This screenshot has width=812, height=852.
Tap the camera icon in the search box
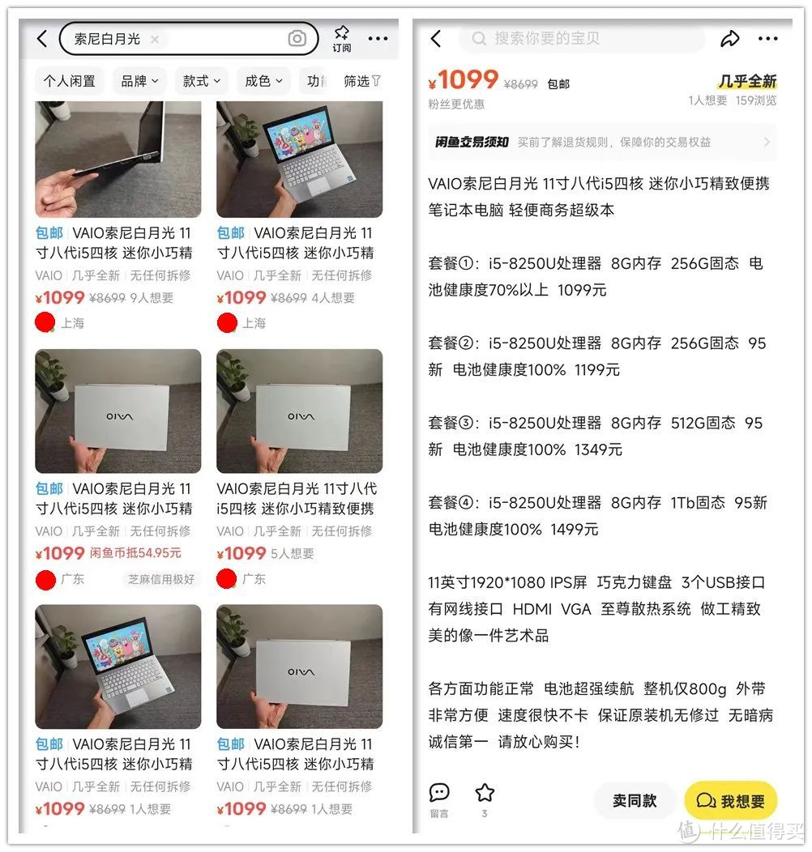tap(297, 38)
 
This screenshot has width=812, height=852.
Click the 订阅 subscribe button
tap(341, 38)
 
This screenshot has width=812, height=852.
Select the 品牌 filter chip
tap(139, 81)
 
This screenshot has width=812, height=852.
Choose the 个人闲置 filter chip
tap(70, 81)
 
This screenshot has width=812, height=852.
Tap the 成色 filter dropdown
tap(263, 81)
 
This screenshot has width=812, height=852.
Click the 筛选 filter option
tap(361, 81)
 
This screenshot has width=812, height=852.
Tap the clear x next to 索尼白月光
tap(155, 39)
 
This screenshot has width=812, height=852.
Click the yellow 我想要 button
tap(731, 800)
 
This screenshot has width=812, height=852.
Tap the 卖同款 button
tap(635, 800)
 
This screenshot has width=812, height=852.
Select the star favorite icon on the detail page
tap(485, 793)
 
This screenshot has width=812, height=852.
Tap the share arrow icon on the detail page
tap(730, 38)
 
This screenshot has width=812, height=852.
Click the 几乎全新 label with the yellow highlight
tap(747, 81)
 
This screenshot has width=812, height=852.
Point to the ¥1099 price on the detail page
tap(464, 80)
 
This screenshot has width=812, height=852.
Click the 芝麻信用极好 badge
tap(161, 579)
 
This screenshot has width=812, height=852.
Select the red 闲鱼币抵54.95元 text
tap(135, 553)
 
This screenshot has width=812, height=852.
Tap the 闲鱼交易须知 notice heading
tap(472, 142)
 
